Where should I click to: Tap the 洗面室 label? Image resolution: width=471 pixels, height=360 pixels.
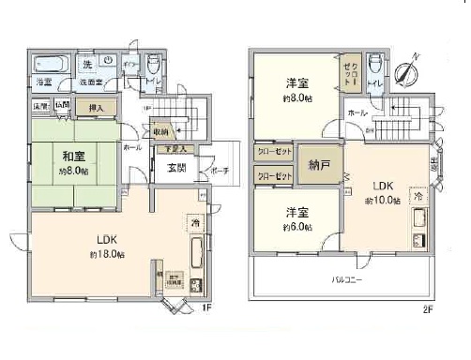click(90, 82)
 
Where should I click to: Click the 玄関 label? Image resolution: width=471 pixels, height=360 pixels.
click(176, 169)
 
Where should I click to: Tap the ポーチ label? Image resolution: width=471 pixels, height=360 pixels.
click(220, 171)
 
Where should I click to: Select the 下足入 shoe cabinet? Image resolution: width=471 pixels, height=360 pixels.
click(175, 148)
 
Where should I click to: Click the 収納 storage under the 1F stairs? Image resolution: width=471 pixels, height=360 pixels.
click(161, 132)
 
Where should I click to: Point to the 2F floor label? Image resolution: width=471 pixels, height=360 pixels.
click(427, 309)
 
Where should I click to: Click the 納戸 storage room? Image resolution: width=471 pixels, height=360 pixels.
click(319, 165)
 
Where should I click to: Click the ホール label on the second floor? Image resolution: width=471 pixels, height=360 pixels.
click(357, 113)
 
